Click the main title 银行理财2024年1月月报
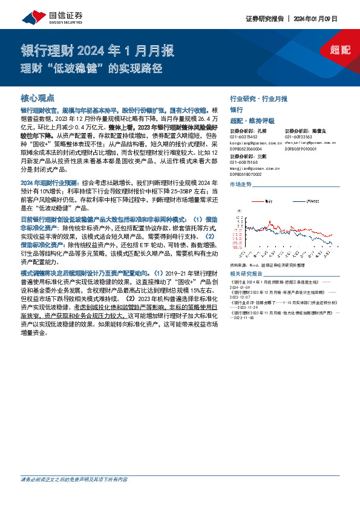(x=97, y=50)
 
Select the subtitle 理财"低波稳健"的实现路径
(x=91, y=68)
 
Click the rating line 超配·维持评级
(x=252, y=120)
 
